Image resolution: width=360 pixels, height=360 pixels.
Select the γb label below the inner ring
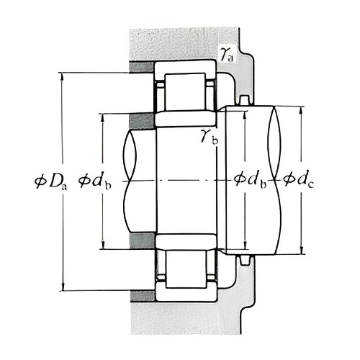210,136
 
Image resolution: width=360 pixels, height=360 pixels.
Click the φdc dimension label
298,179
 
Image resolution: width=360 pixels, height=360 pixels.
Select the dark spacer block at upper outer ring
141,67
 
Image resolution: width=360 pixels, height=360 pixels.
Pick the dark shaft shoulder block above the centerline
141,120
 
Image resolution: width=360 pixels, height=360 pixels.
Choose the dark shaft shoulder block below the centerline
142,240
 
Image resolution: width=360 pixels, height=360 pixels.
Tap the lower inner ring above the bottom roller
186,241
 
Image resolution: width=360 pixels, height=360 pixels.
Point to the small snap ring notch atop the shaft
245,100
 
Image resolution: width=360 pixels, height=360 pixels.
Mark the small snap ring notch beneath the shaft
245,260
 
